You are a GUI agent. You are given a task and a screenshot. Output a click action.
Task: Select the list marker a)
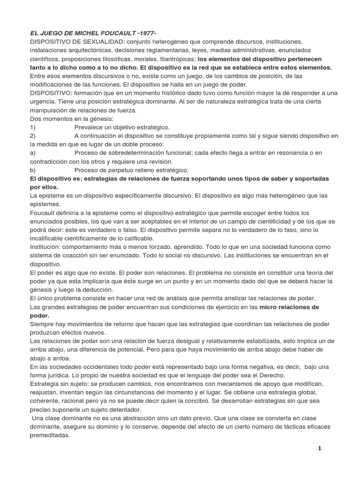pos(33,153)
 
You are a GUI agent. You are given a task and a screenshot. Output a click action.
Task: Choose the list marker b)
pos(33,170)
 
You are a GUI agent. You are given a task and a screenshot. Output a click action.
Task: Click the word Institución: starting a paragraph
pos(47,247)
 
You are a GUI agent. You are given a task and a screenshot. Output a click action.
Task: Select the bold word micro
pos(269,307)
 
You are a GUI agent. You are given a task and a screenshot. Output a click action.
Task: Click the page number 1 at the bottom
pos(319,448)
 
